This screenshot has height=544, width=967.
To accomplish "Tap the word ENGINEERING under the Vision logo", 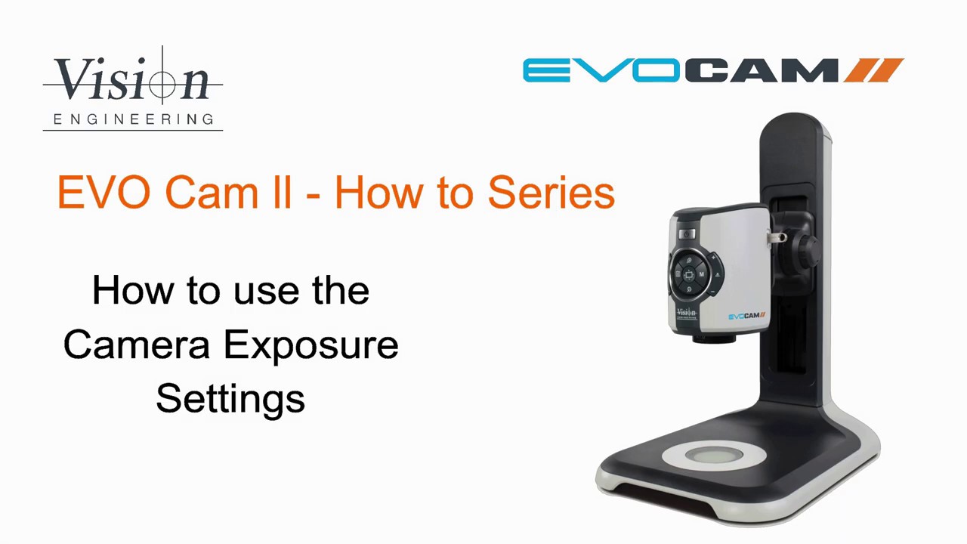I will [133, 119].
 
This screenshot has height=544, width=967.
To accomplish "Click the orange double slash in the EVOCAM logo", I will [874, 70].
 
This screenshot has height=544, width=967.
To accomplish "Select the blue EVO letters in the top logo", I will [601, 71].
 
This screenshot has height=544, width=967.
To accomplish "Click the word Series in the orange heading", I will [551, 193].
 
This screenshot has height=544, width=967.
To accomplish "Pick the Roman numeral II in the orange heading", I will [283, 193].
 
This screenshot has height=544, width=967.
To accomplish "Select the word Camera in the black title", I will [136, 345].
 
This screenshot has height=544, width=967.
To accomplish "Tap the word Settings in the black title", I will [230, 399].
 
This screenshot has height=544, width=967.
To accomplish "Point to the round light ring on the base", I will [713, 456].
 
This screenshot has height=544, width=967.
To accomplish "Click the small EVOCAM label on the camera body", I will [746, 316].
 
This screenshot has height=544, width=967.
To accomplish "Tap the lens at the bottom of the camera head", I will [713, 338].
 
